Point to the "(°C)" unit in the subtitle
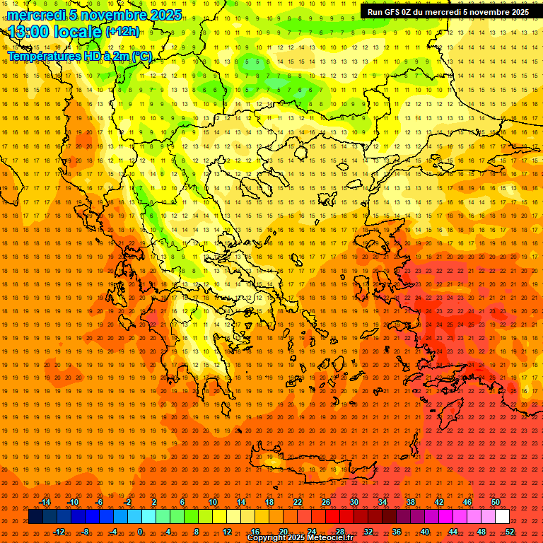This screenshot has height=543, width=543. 140,56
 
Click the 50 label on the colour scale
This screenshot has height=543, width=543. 496,502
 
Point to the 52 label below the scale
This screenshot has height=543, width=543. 510,532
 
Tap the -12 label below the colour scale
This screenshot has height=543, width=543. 59,532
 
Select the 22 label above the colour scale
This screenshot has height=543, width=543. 298,502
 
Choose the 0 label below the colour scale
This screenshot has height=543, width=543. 140,532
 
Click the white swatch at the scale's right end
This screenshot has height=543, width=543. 503,517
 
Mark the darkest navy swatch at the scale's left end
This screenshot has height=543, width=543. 35,517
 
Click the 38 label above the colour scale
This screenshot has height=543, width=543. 411,502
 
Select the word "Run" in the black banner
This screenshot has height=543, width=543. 375,12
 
